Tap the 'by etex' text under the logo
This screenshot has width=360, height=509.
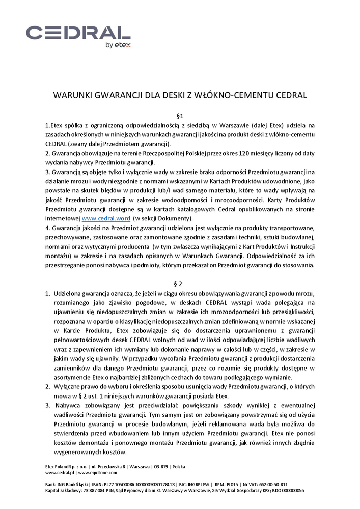coord(118,46)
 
